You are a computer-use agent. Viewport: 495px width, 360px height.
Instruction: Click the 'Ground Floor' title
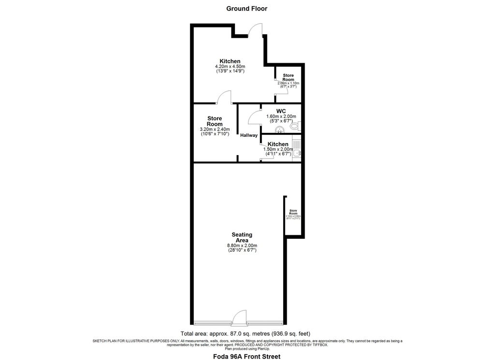point(247,8)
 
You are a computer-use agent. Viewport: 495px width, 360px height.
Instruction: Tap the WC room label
point(281,111)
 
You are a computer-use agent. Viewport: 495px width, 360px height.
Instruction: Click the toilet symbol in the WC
point(296,127)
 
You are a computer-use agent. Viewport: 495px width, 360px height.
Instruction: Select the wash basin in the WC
point(279,130)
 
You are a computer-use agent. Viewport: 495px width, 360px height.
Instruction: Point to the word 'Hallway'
point(249,135)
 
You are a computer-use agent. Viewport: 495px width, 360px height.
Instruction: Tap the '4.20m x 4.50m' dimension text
point(230,66)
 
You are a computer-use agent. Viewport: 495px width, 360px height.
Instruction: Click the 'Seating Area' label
point(242,237)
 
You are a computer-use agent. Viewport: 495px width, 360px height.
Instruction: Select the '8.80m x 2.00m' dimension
point(242,245)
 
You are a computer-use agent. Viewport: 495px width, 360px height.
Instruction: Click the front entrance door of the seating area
point(240,319)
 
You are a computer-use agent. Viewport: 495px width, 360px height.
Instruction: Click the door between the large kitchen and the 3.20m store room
point(224,98)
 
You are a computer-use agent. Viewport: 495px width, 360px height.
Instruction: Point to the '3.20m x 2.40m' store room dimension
point(215,130)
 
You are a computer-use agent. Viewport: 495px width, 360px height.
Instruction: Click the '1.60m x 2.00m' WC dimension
point(281,116)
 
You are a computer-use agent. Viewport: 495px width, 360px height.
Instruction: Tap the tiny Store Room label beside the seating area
point(293,212)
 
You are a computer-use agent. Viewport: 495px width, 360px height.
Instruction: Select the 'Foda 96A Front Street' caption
point(247,357)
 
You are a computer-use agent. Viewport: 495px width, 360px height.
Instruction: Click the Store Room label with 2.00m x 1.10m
point(288,77)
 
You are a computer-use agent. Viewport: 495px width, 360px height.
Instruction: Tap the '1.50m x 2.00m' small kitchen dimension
point(278,149)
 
